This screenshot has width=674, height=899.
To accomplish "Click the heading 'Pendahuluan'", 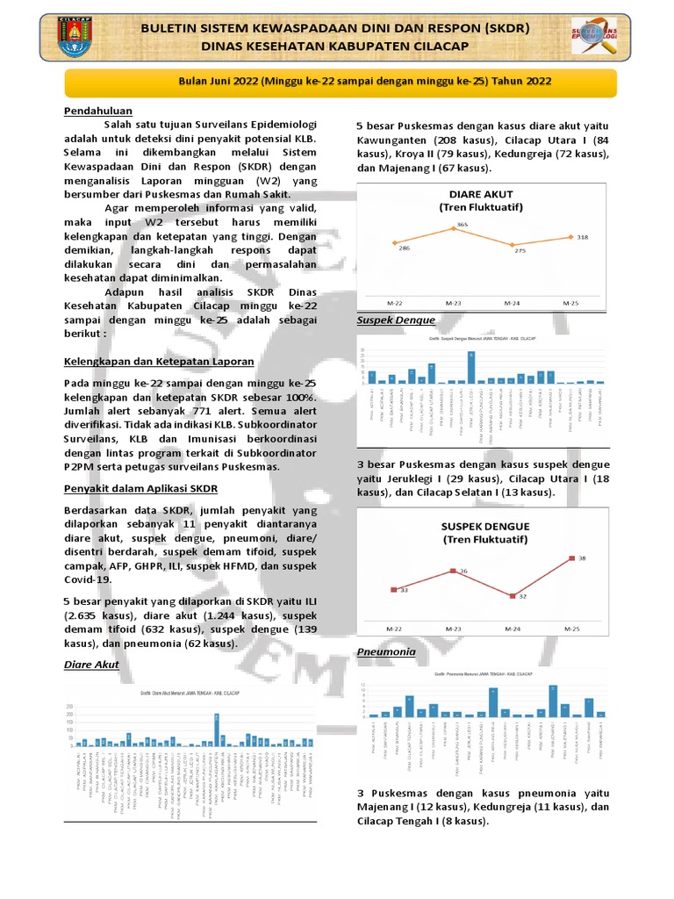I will (97, 111).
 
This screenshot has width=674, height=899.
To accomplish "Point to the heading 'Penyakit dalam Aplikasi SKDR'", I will (140, 487).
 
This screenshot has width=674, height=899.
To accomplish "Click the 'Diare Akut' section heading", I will (91, 665).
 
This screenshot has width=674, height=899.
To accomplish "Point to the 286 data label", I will (405, 248).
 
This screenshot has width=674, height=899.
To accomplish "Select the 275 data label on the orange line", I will (520, 250).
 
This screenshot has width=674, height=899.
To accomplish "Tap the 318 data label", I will (582, 237).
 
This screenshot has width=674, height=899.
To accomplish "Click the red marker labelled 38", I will (572, 557).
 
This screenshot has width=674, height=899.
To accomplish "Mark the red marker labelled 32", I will (513, 595).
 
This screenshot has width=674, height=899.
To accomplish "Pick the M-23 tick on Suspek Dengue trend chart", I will (453, 629).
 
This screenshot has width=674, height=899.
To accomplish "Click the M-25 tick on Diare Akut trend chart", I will (571, 302).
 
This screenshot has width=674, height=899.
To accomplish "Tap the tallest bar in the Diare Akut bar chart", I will (217, 729).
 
